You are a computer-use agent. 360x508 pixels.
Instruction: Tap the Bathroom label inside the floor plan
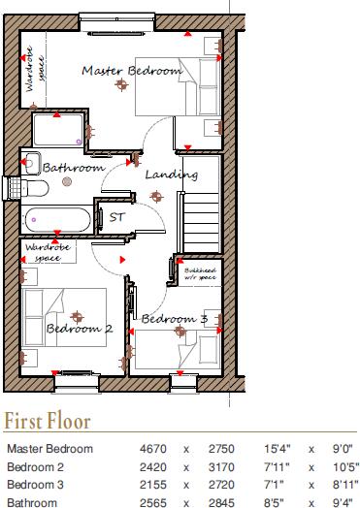[73, 168]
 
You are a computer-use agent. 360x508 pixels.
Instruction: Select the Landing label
[171, 175]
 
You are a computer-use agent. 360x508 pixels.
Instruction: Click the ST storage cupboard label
[116, 216]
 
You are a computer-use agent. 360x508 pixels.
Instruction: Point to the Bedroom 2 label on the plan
[80, 329]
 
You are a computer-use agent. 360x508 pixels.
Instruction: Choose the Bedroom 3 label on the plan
[174, 319]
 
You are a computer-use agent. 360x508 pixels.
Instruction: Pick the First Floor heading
[49, 422]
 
